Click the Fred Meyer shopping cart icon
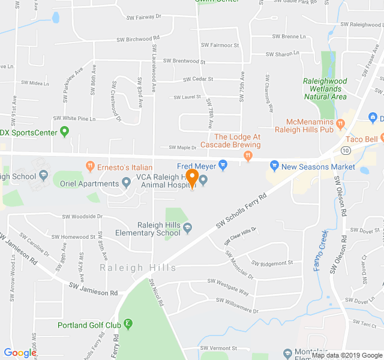[x=223, y=164]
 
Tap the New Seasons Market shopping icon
[x=274, y=164]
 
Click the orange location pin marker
[x=192, y=178]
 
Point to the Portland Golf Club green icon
[x=128, y=325]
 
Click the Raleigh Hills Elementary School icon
[x=188, y=227]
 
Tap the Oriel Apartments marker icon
[x=127, y=182]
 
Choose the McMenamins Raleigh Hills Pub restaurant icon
[x=341, y=124]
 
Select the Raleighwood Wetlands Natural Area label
[x=325, y=88]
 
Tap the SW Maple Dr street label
[x=182, y=147]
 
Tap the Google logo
[x=20, y=353]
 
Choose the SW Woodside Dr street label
[x=82, y=216]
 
